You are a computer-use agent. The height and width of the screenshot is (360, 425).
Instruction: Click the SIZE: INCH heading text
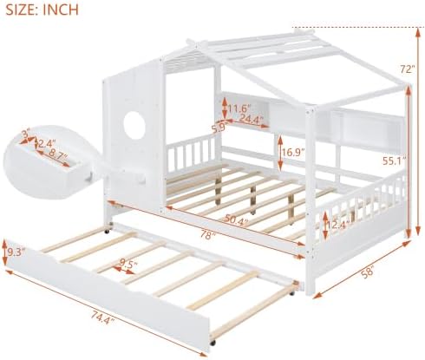pyautogui.click(x=42, y=9)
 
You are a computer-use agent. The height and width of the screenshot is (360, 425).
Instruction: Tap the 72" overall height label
pyautogui.click(x=408, y=69)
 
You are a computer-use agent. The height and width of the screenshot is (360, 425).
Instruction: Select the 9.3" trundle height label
pyautogui.click(x=16, y=252)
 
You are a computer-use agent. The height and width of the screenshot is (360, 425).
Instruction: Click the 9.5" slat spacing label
pyautogui.click(x=128, y=263)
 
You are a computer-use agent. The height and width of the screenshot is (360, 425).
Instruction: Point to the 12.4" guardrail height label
pyautogui.click(x=338, y=225)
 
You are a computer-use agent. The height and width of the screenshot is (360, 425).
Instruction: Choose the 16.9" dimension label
pyautogui.click(x=293, y=153)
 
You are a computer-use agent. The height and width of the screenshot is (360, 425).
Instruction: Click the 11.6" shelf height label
pyautogui.click(x=239, y=108)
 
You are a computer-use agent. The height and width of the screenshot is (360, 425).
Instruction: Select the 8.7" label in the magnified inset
pyautogui.click(x=57, y=154)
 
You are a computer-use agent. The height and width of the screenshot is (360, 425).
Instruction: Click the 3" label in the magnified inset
pyautogui.click(x=27, y=134)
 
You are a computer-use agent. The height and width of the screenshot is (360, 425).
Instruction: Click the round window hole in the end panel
pyautogui.click(x=134, y=122)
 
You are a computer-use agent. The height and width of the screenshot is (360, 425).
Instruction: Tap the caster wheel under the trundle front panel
pyautogui.click(x=213, y=344)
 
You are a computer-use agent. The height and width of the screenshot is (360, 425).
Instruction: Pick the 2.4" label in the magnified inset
pyautogui.click(x=47, y=144)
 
